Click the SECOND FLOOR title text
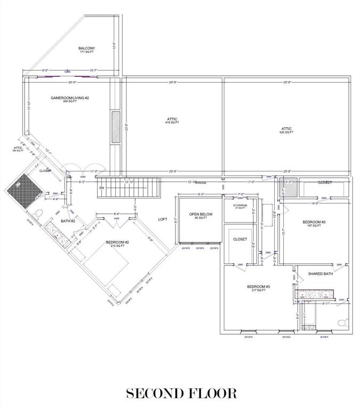(181, 393)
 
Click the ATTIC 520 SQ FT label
(287, 130)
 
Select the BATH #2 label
(68, 220)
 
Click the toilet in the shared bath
(343, 322)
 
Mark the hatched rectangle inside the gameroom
(116, 127)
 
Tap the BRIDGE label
(201, 183)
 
